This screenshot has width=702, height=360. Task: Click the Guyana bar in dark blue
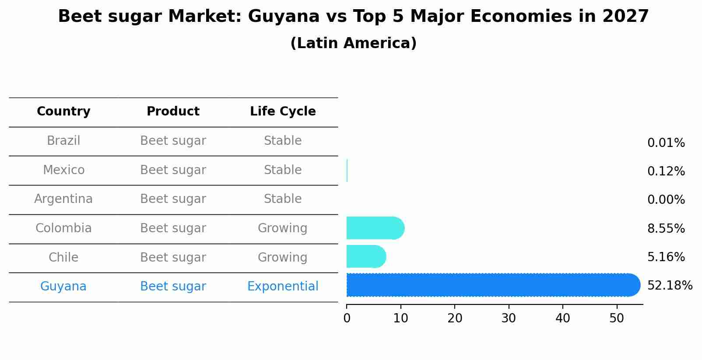click(x=492, y=285)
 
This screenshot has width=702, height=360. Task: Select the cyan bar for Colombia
click(x=375, y=228)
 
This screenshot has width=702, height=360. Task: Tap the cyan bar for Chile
click(x=366, y=256)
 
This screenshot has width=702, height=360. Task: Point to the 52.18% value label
click(x=670, y=286)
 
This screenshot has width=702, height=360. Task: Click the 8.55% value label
click(x=666, y=228)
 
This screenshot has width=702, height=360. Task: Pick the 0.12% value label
click(x=666, y=171)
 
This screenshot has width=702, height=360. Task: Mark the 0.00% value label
click(x=666, y=200)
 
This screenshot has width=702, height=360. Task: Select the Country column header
click(x=63, y=112)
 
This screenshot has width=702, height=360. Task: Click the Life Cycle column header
click(x=283, y=112)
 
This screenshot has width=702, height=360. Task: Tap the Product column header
click(x=173, y=112)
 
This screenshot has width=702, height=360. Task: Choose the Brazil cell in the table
click(x=63, y=141)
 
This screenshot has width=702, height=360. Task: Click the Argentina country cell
click(x=63, y=199)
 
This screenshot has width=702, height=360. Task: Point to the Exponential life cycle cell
click(x=283, y=287)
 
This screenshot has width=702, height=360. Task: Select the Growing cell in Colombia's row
click(x=283, y=228)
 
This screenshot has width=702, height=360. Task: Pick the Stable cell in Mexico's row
click(x=283, y=170)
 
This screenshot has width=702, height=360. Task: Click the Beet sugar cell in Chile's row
click(x=173, y=258)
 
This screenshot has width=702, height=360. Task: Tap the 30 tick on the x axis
click(x=509, y=318)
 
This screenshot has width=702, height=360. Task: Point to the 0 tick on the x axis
click(x=347, y=318)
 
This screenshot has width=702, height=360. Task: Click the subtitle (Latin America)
click(x=353, y=43)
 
